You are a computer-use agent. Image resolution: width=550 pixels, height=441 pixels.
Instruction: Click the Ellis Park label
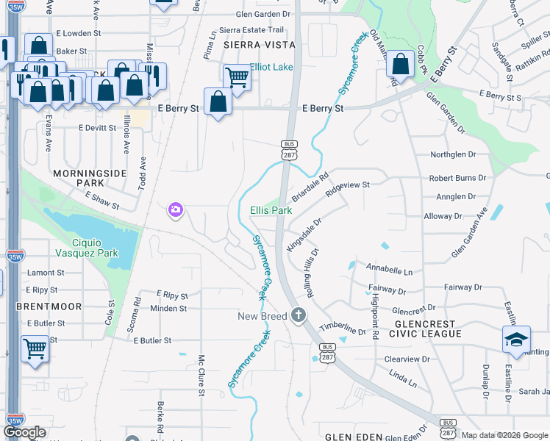pyautogui.click(x=271, y=210)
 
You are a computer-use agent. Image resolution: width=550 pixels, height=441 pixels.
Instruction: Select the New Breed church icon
pyautogui.click(x=298, y=315)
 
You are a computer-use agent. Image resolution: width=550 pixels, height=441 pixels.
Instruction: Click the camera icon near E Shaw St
pyautogui.click(x=175, y=211)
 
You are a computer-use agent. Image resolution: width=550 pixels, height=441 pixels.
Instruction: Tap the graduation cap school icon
pyautogui.click(x=517, y=340)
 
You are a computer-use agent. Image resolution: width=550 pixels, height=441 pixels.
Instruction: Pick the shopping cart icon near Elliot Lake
pyautogui.click(x=237, y=76)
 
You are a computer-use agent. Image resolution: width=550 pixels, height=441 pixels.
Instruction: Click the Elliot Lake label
pyautogui.click(x=271, y=67)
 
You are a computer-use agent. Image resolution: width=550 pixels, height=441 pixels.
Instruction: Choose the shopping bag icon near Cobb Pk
pyautogui.click(x=400, y=64)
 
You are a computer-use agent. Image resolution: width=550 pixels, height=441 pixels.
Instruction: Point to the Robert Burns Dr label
pyautogui.click(x=457, y=178)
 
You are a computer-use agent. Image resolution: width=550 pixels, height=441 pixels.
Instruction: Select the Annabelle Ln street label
pyautogui.click(x=389, y=270)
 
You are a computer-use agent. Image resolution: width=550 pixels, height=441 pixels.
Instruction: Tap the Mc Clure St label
pyautogui.click(x=201, y=376)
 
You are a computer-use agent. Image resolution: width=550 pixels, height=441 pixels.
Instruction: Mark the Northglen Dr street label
pyautogui.click(x=458, y=155)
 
